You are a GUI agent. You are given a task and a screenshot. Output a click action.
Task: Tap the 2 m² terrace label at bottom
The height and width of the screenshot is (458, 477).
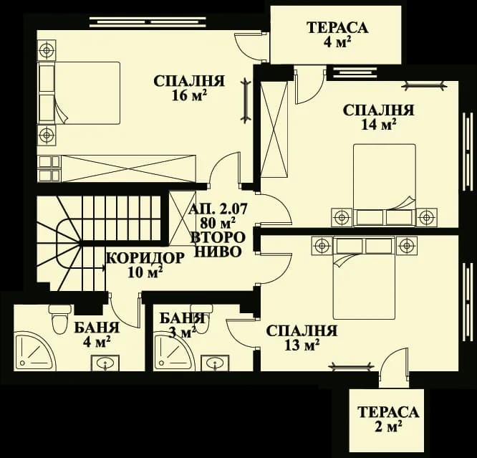pos(387,419)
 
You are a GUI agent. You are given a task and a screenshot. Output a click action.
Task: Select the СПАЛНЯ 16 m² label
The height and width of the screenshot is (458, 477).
pos(189,88)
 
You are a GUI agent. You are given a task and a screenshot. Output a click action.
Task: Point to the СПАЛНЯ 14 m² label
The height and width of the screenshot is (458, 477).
pos(378,117)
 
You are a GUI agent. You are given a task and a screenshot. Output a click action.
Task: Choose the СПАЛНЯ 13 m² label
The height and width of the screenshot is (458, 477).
pos(301,338)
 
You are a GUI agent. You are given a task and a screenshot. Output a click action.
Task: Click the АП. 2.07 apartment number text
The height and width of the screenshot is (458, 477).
pos(216,209)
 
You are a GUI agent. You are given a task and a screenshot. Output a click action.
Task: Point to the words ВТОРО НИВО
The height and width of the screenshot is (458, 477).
pos(216,244)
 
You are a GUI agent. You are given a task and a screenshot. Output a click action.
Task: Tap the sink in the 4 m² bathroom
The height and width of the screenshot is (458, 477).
pos(106,363)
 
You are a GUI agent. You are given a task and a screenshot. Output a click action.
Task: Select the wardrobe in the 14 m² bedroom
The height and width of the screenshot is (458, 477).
pos(274,130)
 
